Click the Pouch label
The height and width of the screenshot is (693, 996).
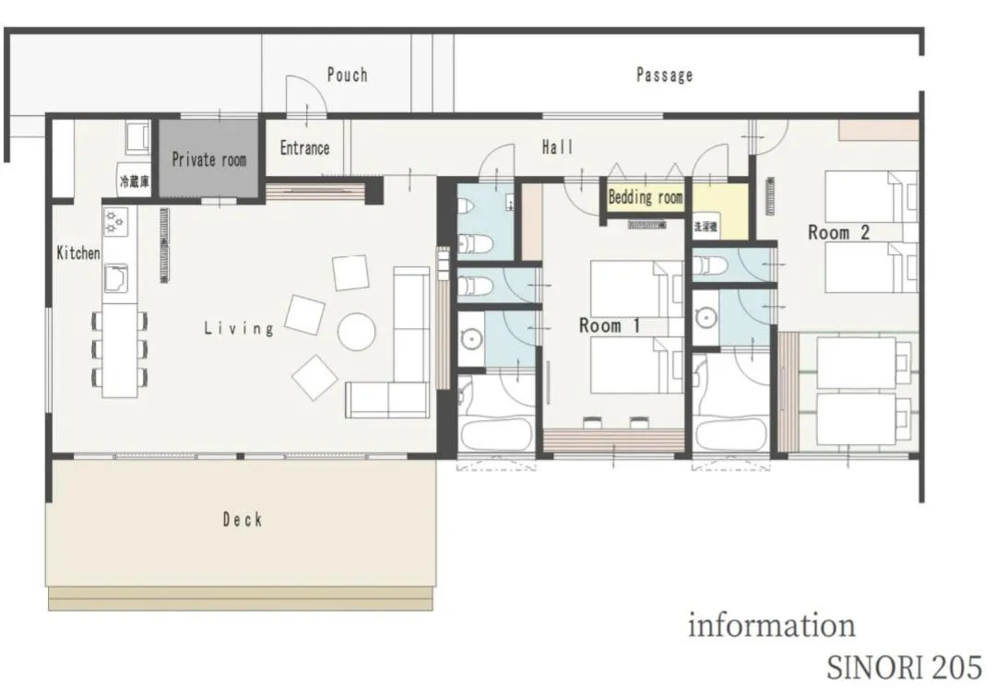click(x=347, y=75)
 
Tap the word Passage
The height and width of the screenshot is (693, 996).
click(x=664, y=76)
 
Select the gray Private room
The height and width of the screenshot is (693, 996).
click(x=209, y=159)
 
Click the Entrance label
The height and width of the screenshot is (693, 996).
click(x=304, y=147)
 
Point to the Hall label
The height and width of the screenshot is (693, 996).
click(x=557, y=147)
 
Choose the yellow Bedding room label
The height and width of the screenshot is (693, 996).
click(x=646, y=197)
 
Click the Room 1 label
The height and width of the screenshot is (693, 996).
click(x=610, y=325)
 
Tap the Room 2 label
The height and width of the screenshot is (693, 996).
click(x=838, y=232)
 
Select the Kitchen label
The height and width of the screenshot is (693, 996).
click(x=78, y=253)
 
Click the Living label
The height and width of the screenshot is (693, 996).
click(x=239, y=328)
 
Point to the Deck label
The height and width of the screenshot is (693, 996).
click(x=243, y=520)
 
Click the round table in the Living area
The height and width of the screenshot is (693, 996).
click(x=356, y=332)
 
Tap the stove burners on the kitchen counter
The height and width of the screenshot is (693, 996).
click(x=115, y=221)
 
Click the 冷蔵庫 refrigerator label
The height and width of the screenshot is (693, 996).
click(x=133, y=182)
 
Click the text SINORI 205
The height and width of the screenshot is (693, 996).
click(x=904, y=666)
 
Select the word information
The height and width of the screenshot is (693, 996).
click(x=771, y=626)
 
